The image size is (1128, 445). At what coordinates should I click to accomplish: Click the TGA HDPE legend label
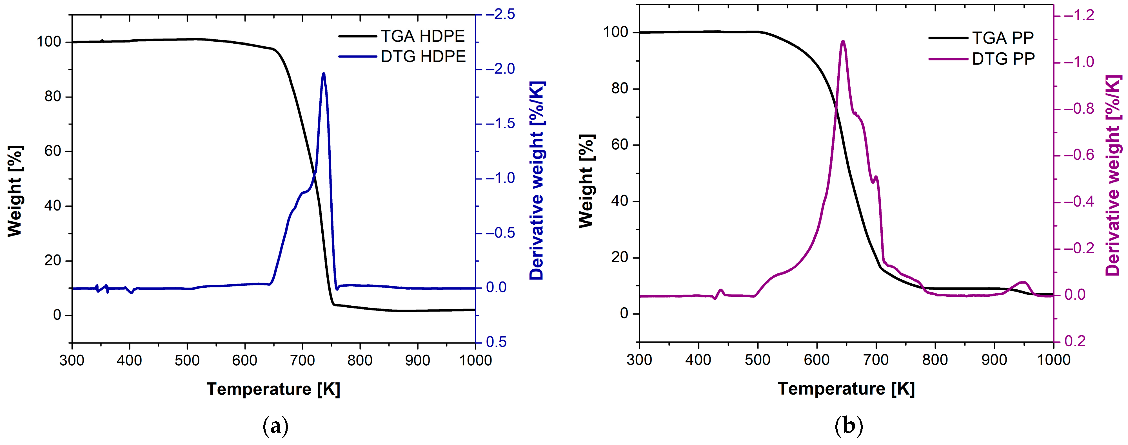pyautogui.click(x=422, y=36)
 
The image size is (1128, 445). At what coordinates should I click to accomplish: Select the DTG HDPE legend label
pyautogui.click(x=423, y=57)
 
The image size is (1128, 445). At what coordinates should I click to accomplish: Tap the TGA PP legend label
pyautogui.click(x=1003, y=38)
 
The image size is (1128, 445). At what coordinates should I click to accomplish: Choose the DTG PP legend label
pyautogui.click(x=1003, y=59)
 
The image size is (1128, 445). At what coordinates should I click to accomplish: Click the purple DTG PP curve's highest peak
pyautogui.click(x=843, y=41)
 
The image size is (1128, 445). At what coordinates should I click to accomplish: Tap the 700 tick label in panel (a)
pyautogui.click(x=302, y=361)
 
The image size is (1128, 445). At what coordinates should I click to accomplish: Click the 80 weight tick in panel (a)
pyautogui.click(x=53, y=97)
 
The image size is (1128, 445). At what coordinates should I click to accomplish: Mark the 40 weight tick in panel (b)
pyautogui.click(x=620, y=201)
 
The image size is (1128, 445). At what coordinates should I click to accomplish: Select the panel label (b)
pyautogui.click(x=849, y=425)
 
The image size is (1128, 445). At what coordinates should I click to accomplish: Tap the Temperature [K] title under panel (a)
pyautogui.click(x=273, y=388)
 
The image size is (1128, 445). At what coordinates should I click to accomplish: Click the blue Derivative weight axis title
pyautogui.click(x=537, y=180)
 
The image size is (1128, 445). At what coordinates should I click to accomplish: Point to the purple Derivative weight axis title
pyautogui.click(x=1113, y=175)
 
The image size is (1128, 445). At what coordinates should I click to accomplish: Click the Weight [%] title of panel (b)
pyautogui.click(x=587, y=181)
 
